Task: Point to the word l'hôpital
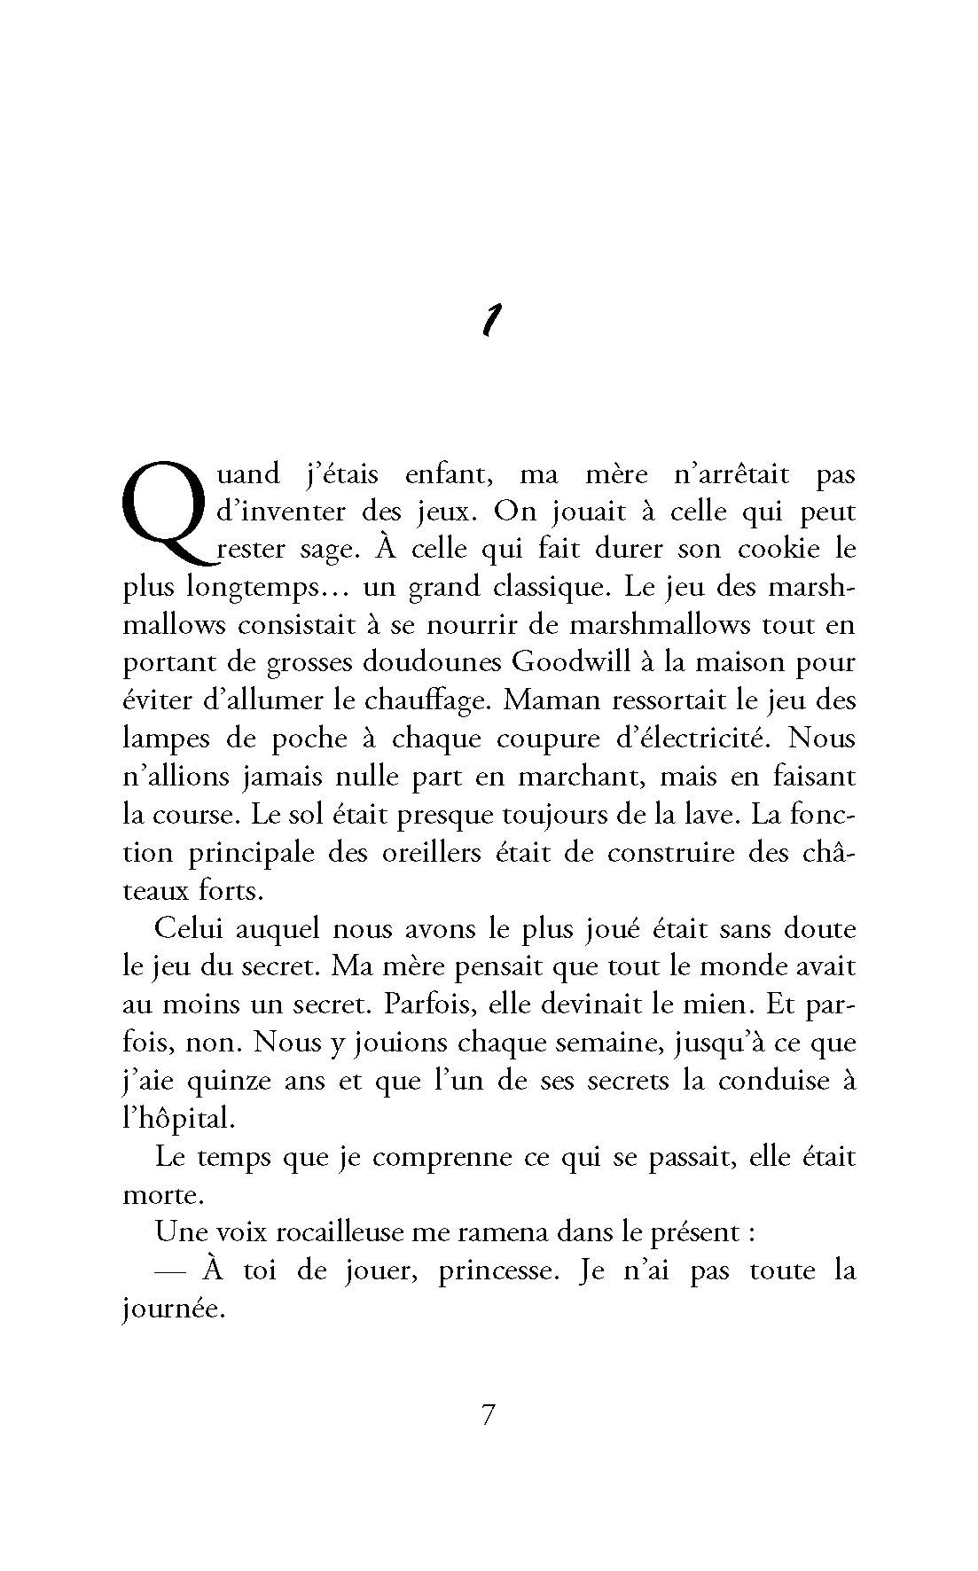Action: click(178, 1118)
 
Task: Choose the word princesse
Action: click(497, 1270)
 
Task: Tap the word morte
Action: click(162, 1194)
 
